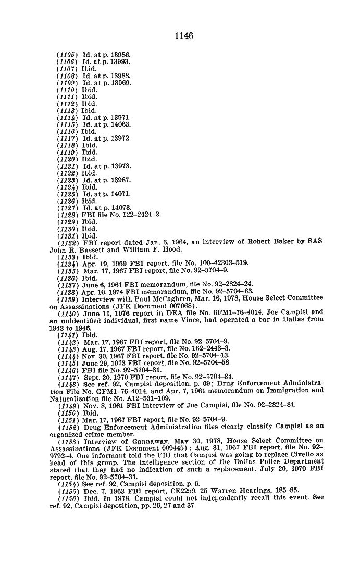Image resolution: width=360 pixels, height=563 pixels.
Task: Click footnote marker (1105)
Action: click(x=67, y=55)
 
